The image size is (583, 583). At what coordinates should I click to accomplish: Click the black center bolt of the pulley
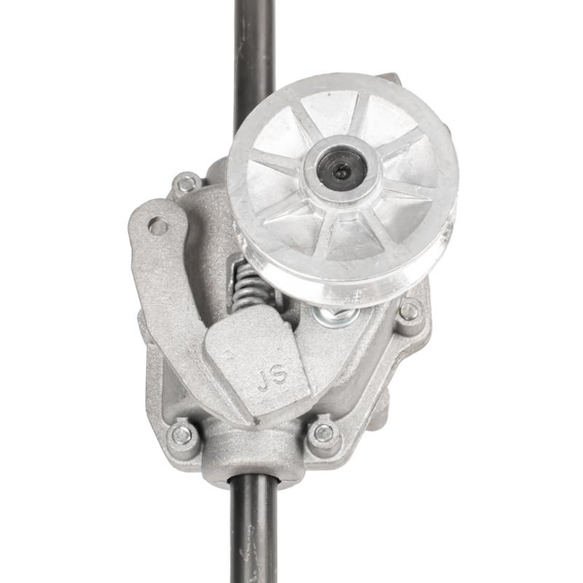(343, 171)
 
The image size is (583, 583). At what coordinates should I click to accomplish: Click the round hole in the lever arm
(158, 227)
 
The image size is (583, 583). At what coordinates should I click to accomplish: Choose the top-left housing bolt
(187, 184)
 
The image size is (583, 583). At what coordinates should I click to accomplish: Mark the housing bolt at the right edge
(409, 312)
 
